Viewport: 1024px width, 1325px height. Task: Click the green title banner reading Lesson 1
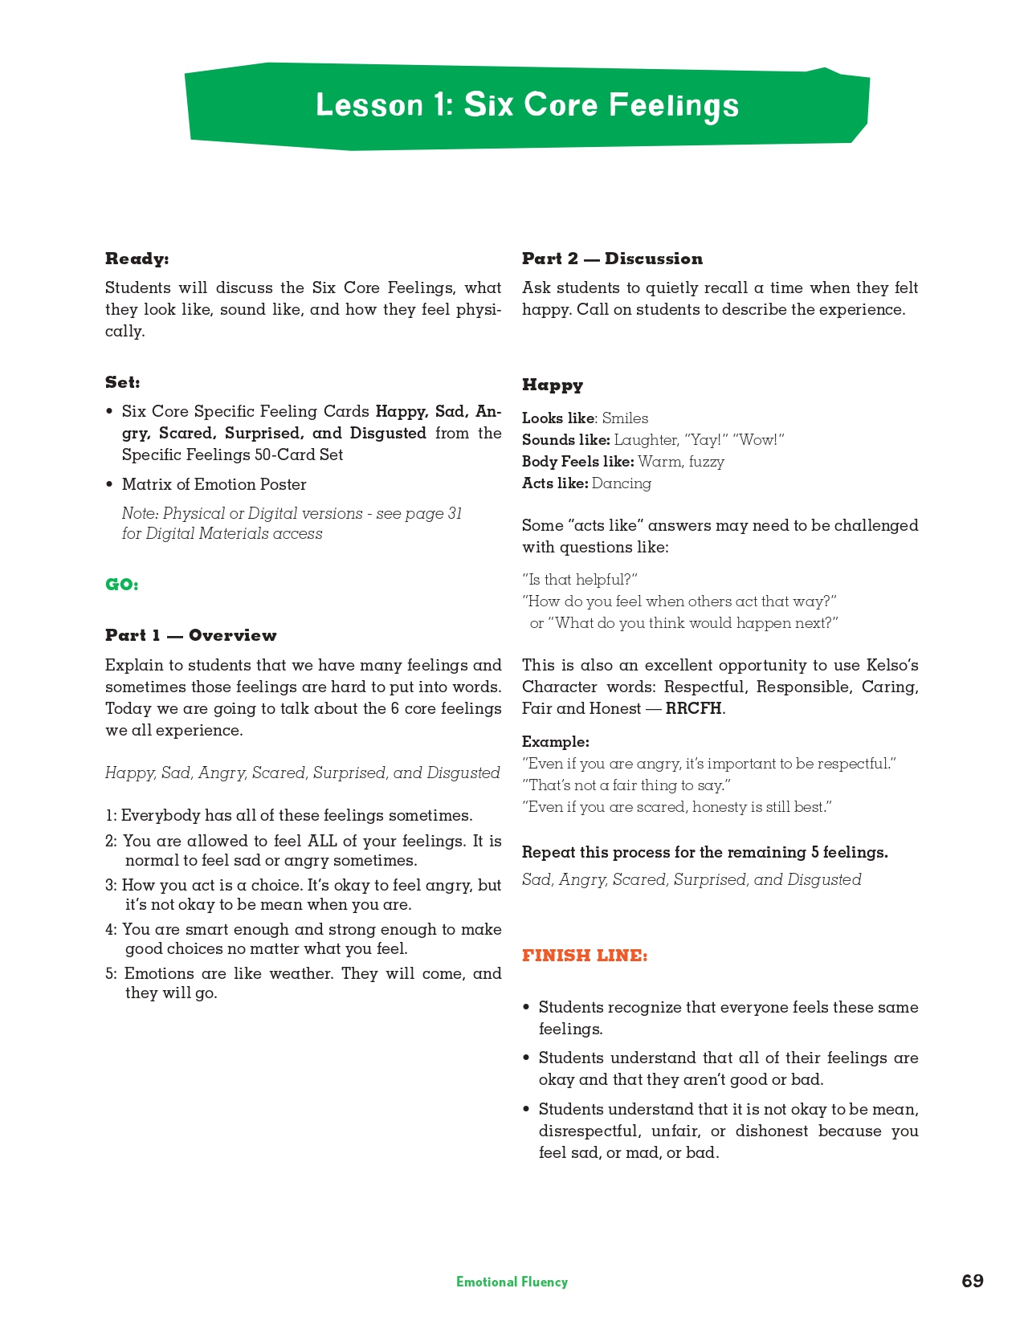coord(527,106)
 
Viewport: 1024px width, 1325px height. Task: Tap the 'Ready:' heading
coord(137,259)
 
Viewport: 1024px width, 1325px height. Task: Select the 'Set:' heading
coord(123,382)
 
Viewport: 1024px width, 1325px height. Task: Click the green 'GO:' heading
coord(122,585)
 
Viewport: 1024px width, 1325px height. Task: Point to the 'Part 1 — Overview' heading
coord(191,635)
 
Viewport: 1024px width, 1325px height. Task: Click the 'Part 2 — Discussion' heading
coord(612,259)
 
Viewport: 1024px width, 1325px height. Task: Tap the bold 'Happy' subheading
coord(553,385)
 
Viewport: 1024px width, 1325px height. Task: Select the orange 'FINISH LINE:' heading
coord(585,956)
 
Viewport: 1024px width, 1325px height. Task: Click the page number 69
coord(972,1281)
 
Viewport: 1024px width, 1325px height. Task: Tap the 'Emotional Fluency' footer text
coord(512,1282)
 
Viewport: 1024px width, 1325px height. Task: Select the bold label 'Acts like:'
coord(555,483)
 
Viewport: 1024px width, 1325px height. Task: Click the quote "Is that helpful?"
coord(580,580)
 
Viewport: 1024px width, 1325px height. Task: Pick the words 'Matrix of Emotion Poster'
coord(214,484)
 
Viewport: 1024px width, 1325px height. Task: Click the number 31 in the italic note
coord(455,514)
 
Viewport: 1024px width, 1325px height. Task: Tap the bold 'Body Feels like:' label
coord(578,462)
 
